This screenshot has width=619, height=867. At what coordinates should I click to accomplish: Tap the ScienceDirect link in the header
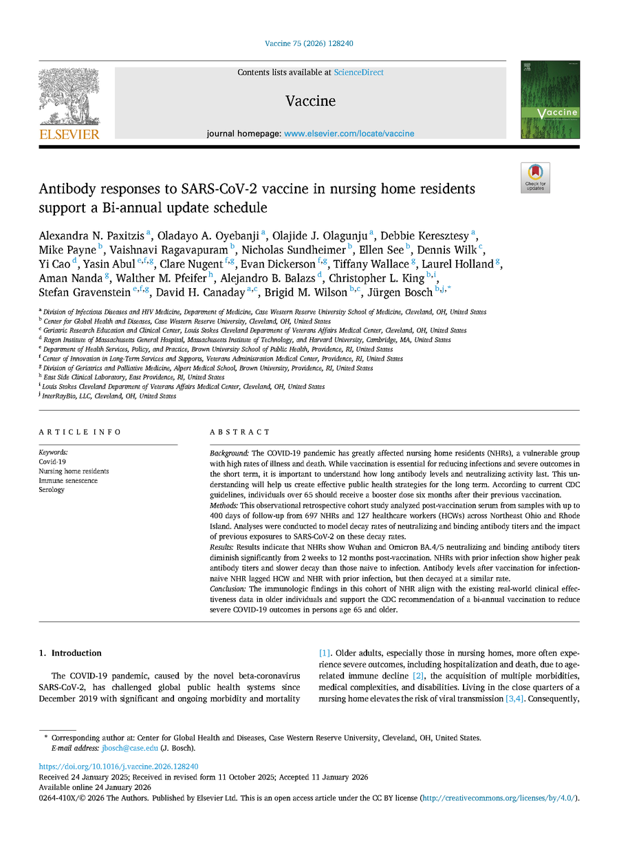[x=358, y=72]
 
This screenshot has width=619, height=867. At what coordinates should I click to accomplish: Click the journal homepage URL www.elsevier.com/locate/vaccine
[x=349, y=133]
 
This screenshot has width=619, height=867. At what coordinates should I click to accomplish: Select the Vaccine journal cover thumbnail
[x=550, y=100]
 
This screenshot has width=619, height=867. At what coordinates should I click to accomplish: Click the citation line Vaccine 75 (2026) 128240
[x=309, y=44]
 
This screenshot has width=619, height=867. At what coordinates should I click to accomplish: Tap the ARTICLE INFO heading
[x=80, y=432]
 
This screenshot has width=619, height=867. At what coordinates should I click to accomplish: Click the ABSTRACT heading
[x=239, y=432]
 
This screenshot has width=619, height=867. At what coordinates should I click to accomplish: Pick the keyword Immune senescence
[x=68, y=480]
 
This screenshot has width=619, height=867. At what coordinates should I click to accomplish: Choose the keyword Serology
[x=52, y=490]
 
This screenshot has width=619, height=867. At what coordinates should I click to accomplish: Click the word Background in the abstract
[x=229, y=453]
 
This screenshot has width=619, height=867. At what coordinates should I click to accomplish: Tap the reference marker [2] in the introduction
[x=418, y=676]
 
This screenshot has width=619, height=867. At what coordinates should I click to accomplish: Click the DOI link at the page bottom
[x=118, y=767]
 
